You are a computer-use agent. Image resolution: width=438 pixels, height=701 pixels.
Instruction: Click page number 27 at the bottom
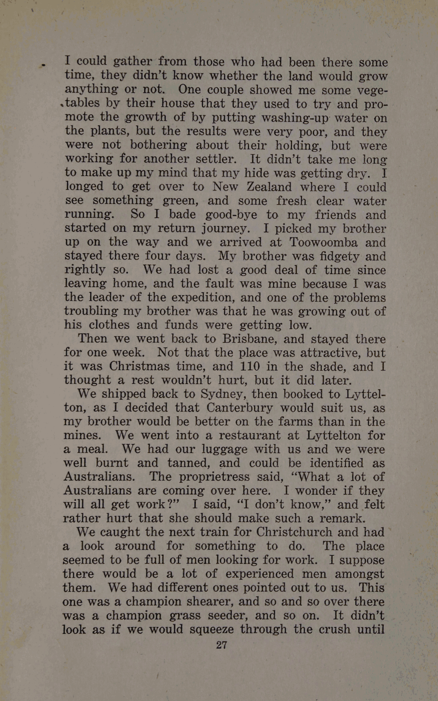222,645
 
